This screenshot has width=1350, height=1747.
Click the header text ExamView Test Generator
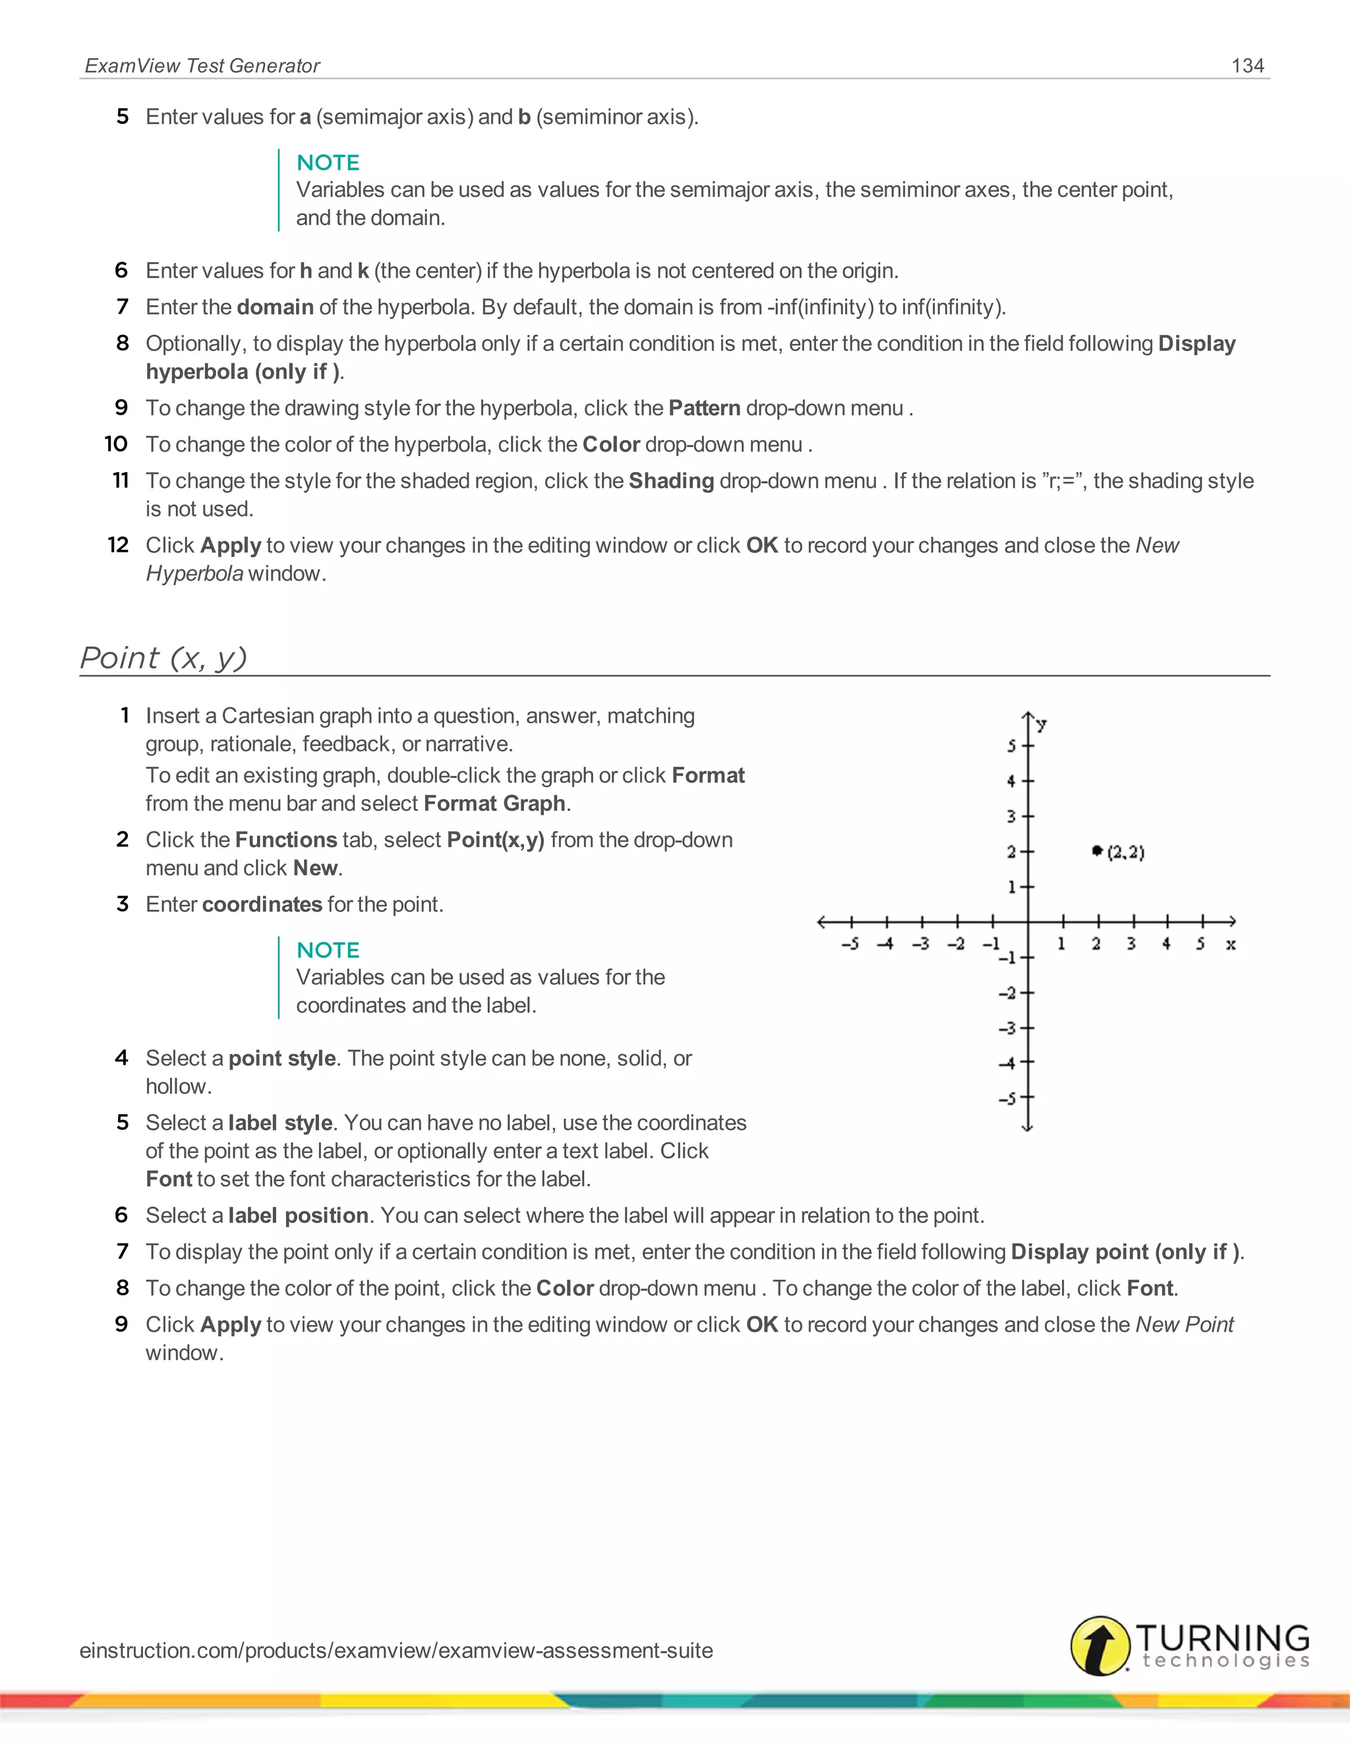click(202, 65)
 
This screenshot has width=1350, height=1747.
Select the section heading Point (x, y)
click(163, 657)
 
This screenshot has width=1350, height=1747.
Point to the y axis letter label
click(1042, 724)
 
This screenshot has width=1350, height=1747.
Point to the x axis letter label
click(1231, 945)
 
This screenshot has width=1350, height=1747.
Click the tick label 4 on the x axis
click(1166, 944)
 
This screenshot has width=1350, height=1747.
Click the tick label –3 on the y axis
click(1007, 1028)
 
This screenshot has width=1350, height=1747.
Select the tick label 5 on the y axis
click(1011, 746)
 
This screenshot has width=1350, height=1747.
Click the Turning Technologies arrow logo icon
click(1100, 1645)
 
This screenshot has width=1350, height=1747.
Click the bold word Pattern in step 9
click(704, 408)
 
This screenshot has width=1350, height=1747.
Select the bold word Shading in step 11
click(671, 481)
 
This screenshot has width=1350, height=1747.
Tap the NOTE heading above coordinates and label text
click(328, 949)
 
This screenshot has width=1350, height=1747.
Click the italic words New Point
click(1185, 1324)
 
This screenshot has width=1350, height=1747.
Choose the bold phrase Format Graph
click(494, 803)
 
